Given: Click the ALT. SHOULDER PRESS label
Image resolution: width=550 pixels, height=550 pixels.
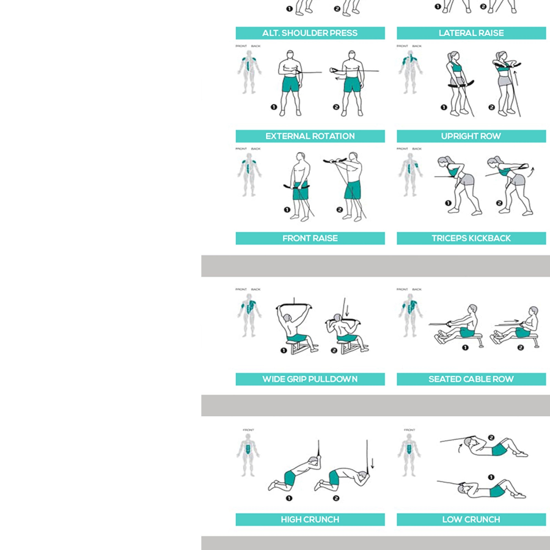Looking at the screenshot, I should point(310,33).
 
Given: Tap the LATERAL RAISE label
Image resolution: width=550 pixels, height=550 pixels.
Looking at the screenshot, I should point(471,33).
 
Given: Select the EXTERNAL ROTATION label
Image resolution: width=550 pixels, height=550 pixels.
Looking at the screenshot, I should point(310,136).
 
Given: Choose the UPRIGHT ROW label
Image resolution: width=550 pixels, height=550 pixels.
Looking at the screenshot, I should point(471,136).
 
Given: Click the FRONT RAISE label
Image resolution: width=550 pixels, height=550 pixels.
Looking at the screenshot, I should point(310,238).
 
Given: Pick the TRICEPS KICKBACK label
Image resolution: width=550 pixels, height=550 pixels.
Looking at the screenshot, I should point(471,238).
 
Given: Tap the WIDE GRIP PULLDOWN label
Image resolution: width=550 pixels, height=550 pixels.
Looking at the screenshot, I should point(310,379).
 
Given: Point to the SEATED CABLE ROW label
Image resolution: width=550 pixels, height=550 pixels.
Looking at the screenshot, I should point(471,379).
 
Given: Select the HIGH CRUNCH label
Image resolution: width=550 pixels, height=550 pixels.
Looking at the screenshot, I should point(310,519).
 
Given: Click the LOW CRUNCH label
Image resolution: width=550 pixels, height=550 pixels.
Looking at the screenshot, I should point(471,519).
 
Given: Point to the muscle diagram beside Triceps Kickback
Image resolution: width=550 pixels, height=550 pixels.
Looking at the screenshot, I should point(410,175).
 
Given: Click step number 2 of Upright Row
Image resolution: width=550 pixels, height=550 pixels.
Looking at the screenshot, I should point(492,107).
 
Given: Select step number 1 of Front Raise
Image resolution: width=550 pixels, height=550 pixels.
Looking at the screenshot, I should point(287,210).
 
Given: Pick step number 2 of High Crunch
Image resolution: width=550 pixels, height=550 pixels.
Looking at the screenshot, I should point(336,498).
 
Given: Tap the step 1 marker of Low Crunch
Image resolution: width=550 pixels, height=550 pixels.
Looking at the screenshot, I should point(491,477).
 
